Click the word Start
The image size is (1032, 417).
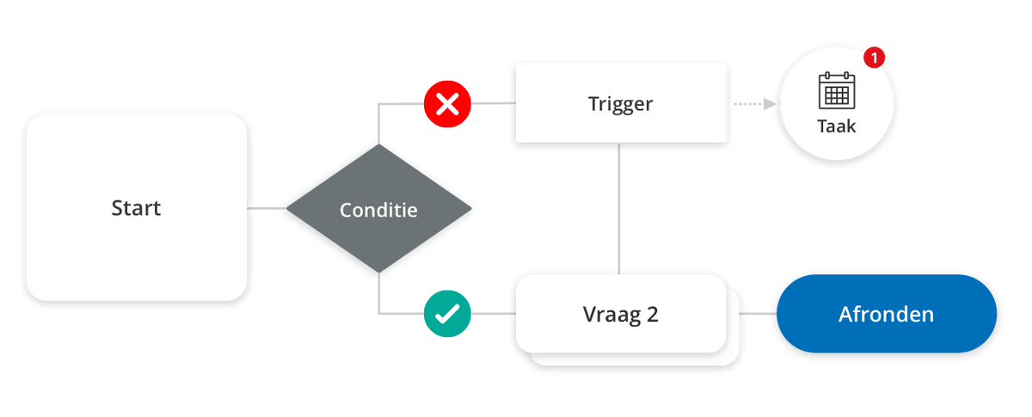point(136,208)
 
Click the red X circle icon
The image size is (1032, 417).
point(447,105)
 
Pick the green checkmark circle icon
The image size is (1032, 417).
point(447,315)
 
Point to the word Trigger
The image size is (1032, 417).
point(620,104)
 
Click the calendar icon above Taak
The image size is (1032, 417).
point(836,89)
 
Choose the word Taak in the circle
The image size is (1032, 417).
point(836,126)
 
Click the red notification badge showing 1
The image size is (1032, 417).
point(874,58)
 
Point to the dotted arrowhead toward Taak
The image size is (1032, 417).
point(768,104)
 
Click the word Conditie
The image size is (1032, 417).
point(378,210)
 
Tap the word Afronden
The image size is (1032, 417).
point(886,315)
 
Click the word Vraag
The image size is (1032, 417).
point(607,316)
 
